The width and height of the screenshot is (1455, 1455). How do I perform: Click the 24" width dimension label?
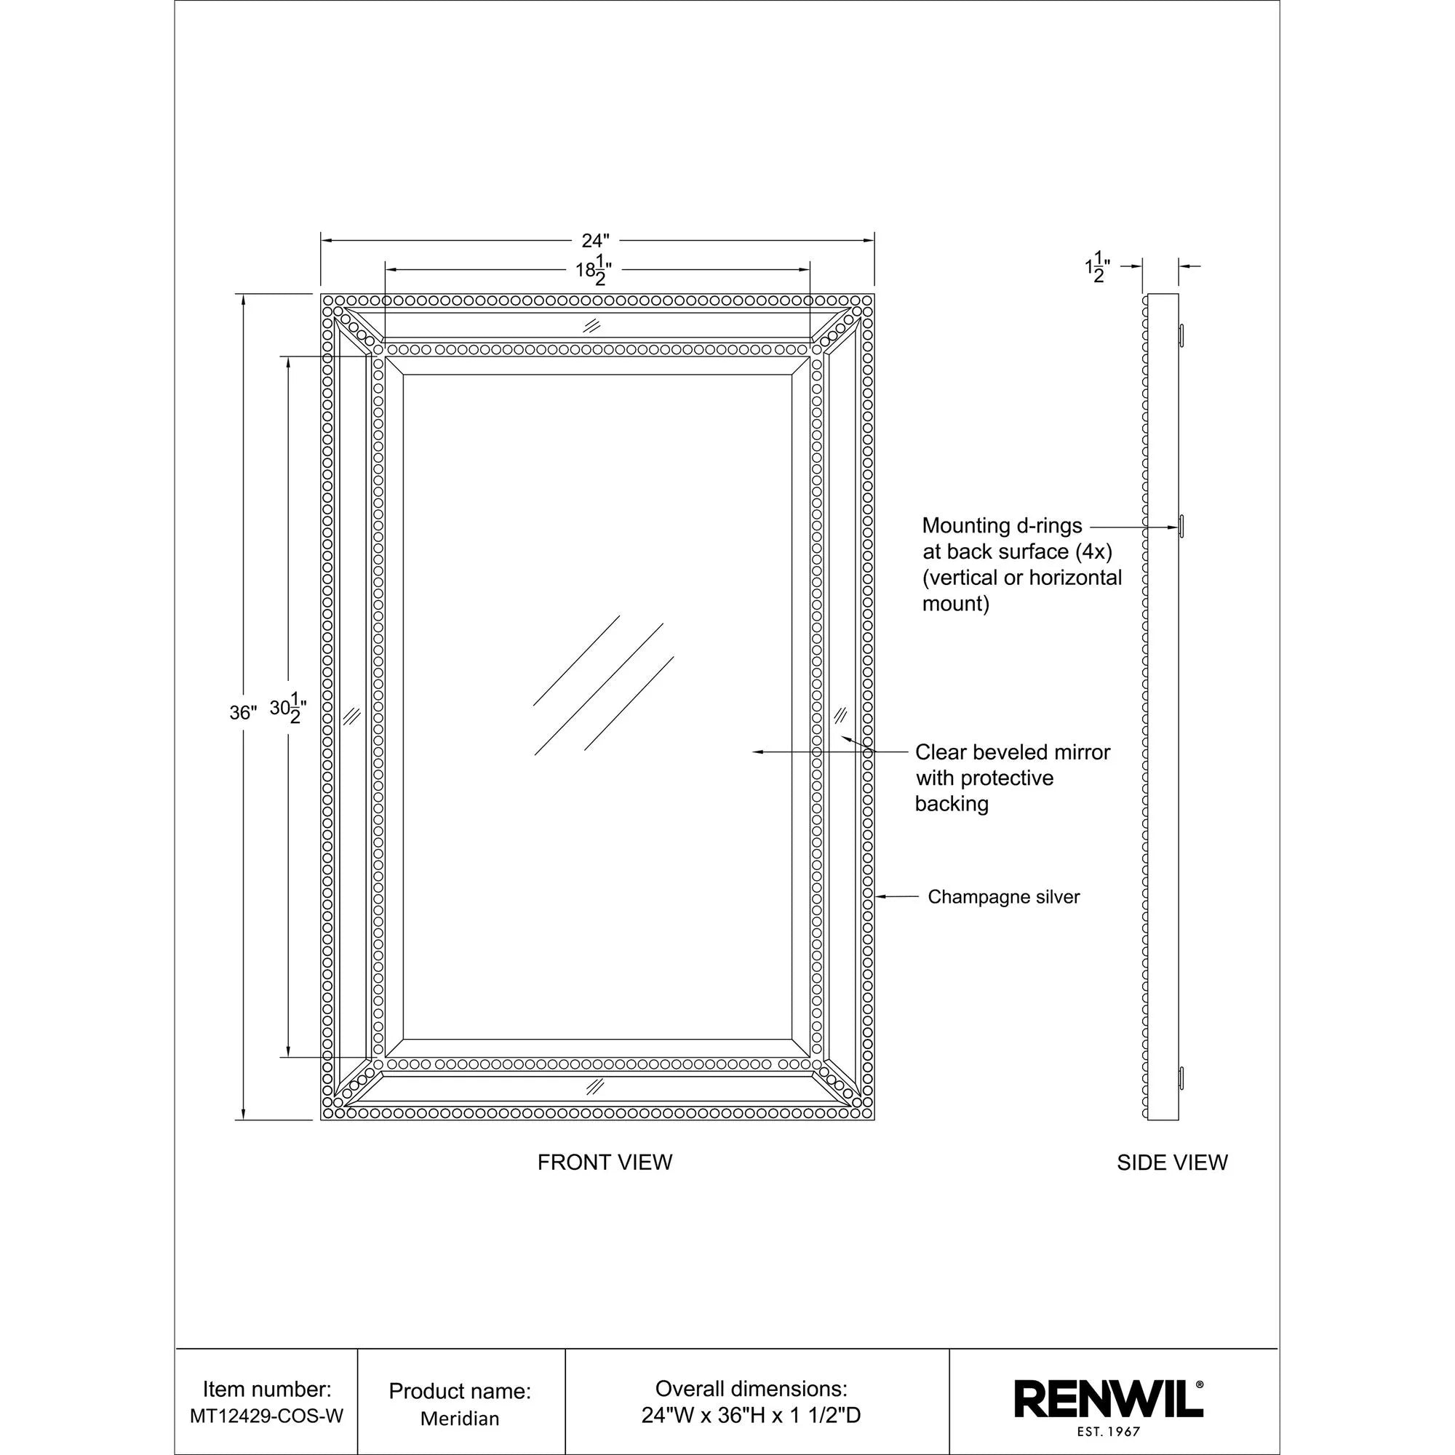click(x=594, y=240)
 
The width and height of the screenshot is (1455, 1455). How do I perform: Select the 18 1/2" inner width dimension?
click(x=594, y=270)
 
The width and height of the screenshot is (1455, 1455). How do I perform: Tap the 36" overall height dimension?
click(x=242, y=712)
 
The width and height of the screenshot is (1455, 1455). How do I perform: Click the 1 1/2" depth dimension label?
click(x=1097, y=266)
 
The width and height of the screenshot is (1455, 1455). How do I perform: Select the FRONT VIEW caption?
click(x=605, y=1162)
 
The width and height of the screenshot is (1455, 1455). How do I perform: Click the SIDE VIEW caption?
click(x=1172, y=1163)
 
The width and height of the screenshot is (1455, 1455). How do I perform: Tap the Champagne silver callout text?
click(x=1003, y=897)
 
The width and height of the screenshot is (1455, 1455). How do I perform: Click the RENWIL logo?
click(x=1107, y=1398)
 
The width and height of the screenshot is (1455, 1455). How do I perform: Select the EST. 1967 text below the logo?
click(x=1107, y=1432)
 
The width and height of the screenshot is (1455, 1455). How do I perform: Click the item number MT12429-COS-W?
click(x=266, y=1416)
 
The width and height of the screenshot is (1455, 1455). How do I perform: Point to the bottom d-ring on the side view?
click(x=1181, y=1077)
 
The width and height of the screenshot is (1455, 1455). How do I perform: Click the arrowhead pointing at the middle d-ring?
click(x=1173, y=528)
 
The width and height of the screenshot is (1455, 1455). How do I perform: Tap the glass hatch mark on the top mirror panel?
click(x=593, y=326)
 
